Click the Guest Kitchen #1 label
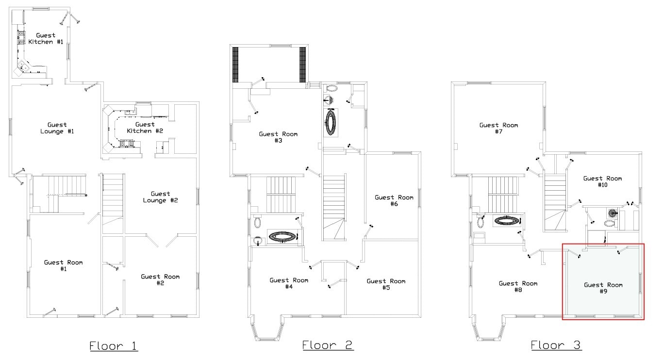(46, 39)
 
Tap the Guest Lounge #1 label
(57, 128)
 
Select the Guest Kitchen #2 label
(145, 128)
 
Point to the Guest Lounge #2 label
(161, 197)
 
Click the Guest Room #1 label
(64, 265)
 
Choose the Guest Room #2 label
(160, 279)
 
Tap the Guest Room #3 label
(278, 137)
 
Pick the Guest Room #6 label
(394, 200)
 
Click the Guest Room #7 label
(499, 128)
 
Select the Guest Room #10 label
(603, 181)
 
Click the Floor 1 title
(114, 346)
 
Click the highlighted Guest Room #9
(603, 281)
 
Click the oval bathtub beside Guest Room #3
(331, 122)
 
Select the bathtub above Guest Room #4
(282, 237)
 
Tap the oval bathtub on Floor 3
(507, 220)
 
